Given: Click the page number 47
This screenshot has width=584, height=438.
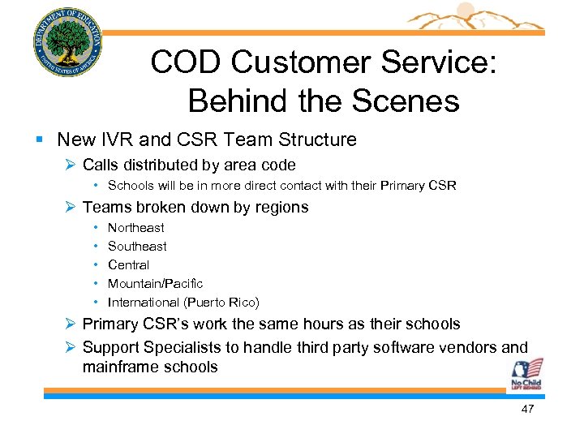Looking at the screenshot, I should (527, 410).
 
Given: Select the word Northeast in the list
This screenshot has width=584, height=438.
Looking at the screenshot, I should (135, 228).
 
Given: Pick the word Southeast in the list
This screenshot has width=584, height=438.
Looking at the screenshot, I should (137, 247).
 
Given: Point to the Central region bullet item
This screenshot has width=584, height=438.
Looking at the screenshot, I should (128, 265).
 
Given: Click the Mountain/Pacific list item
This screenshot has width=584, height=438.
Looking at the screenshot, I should (155, 284).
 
